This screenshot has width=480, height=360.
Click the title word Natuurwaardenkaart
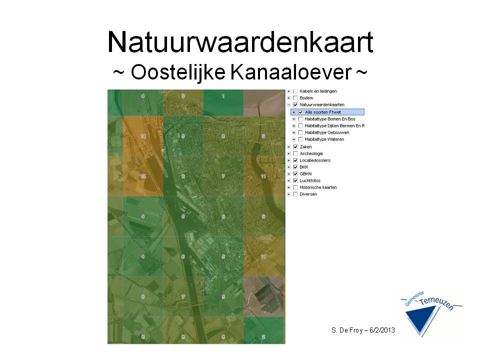pos(240,42)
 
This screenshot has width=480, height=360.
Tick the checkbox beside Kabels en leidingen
pos(295,91)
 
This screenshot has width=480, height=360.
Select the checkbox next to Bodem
pos(295,98)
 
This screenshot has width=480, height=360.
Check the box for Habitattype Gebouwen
pos(300,132)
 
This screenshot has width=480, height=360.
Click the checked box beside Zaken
pos(295,146)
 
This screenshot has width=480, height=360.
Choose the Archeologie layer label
pos(311,153)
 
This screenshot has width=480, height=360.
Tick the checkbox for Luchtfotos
pos(295,180)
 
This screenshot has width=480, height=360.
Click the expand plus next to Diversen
pos(289,194)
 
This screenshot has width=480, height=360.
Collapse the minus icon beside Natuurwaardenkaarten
pos(289,105)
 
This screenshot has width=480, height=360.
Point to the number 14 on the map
pos(143,136)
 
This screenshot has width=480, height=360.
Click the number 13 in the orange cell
pos(143,176)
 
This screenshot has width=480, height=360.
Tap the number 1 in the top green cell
pos(223,95)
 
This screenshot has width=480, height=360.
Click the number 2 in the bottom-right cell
pos(263,336)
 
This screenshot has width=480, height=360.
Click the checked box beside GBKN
pos(295,173)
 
